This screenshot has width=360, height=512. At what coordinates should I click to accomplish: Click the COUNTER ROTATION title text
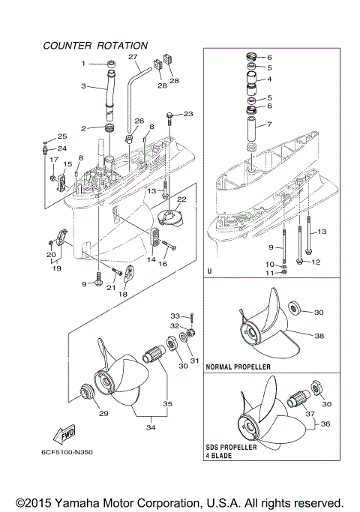(x=95, y=46)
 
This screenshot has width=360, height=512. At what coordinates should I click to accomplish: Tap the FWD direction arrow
(x=63, y=435)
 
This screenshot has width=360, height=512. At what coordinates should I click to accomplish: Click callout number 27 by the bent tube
(x=133, y=58)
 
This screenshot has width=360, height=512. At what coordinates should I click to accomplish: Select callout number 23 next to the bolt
(x=188, y=114)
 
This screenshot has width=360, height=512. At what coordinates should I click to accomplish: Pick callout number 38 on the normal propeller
(x=320, y=337)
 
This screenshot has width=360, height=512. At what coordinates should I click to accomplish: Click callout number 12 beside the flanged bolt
(x=316, y=262)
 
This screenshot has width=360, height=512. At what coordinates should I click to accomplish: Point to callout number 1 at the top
(x=84, y=64)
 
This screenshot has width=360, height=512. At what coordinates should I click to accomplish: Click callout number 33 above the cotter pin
(x=175, y=315)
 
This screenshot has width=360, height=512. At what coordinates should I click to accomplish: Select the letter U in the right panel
(x=212, y=272)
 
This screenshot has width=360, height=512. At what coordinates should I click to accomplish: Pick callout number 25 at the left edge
(x=62, y=136)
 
